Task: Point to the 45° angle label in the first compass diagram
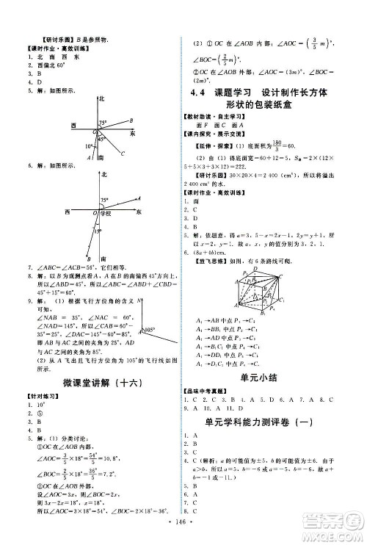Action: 103,138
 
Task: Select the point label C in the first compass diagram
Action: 123,154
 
